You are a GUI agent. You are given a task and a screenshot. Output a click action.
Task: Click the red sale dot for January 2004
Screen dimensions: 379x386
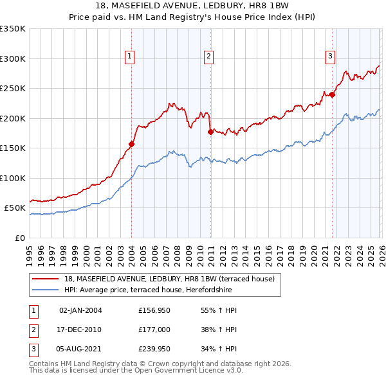[131, 144]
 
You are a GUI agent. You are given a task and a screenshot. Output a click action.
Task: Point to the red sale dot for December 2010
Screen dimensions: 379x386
[210, 132]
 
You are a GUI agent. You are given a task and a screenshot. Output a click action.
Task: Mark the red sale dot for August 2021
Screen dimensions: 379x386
[333, 94]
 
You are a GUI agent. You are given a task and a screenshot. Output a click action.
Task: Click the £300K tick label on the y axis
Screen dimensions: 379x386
[13, 58]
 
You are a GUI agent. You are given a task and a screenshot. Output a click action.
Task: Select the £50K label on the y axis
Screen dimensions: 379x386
[15, 208]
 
